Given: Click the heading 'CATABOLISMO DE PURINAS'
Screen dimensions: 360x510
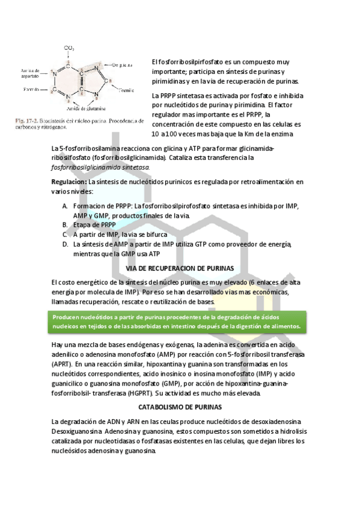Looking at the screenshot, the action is (179, 407).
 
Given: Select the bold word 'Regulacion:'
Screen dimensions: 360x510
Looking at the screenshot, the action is (69, 181).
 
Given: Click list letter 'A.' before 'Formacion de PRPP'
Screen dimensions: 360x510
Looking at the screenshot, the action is (65, 206).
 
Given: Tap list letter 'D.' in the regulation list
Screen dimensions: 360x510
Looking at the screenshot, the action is (65, 244).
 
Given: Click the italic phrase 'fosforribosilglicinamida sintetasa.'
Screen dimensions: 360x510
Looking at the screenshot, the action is (101, 167).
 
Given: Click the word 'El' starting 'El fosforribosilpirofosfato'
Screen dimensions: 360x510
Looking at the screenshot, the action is (155, 61).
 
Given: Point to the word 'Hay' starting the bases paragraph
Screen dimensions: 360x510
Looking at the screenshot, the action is (58, 345).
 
